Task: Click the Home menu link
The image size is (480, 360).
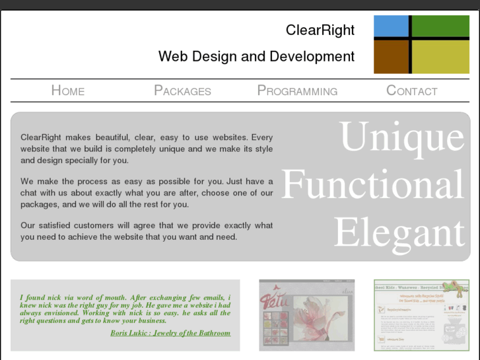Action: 68,90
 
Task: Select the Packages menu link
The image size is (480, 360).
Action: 182,90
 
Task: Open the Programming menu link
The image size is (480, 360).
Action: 297,90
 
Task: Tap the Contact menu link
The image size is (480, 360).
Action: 411,90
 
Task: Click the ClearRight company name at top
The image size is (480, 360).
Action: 320,30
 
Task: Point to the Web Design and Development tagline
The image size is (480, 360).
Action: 256,57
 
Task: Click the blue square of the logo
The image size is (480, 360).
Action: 391,26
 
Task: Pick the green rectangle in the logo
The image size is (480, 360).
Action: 441,26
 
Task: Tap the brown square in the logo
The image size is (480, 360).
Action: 391,57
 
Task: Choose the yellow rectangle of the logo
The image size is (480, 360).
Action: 441,57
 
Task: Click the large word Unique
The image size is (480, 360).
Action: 402,137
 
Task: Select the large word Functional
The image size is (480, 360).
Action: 373,185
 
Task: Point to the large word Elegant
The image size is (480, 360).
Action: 399,233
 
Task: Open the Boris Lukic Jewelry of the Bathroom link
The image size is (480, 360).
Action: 170,333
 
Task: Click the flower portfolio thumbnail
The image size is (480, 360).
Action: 306,314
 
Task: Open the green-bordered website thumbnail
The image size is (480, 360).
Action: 421,314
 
